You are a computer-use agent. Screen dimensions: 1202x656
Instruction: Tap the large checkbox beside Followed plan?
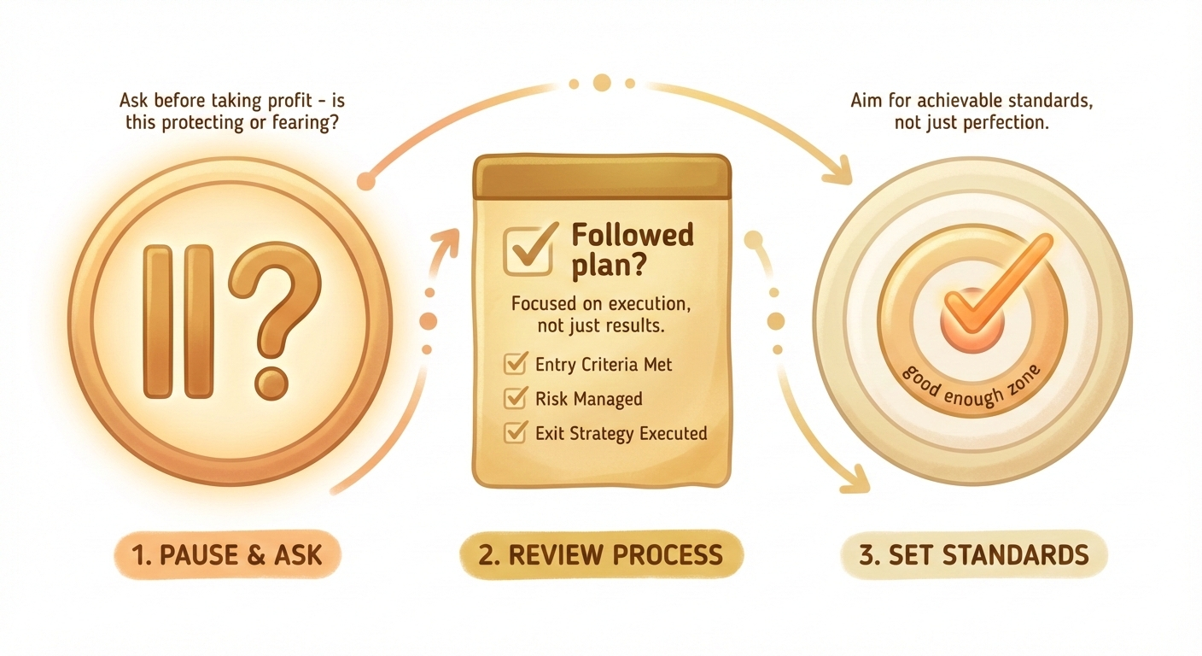coord(528,250)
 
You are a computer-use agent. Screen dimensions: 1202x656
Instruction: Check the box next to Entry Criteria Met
coord(516,363)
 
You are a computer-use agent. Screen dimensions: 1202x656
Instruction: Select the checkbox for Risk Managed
coord(516,398)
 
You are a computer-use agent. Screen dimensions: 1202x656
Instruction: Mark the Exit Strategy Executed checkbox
coord(516,432)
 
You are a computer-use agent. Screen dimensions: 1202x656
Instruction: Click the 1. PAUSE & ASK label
coord(227,555)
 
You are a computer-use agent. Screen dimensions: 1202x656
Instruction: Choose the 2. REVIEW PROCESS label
coord(601,555)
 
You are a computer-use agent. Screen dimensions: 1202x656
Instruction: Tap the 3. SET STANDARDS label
coord(974,555)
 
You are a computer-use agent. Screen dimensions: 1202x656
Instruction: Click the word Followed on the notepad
coord(633,235)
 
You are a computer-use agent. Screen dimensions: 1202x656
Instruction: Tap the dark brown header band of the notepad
coord(602,177)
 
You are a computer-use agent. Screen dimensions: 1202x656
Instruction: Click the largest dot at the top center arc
coord(602,83)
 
